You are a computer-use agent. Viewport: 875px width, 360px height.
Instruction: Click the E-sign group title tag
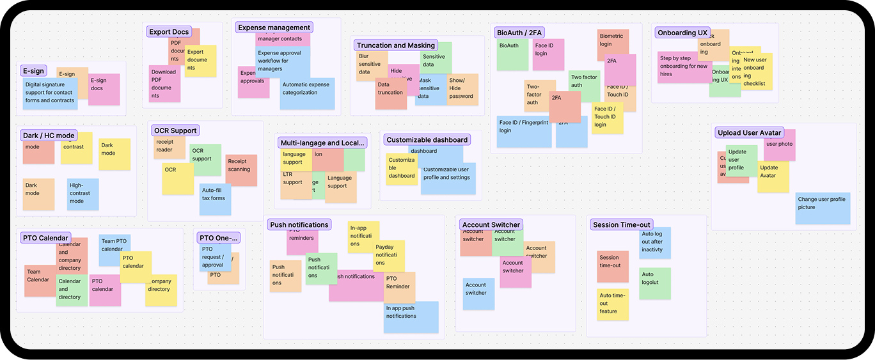pyautogui.click(x=33, y=71)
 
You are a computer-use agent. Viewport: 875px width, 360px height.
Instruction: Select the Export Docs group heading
pyautogui.click(x=169, y=32)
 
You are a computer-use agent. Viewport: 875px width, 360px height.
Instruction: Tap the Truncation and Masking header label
pyautogui.click(x=395, y=45)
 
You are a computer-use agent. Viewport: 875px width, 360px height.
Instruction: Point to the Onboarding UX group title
pyautogui.click(x=682, y=33)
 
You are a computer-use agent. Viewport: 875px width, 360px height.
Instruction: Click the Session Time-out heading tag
pyautogui.click(x=621, y=224)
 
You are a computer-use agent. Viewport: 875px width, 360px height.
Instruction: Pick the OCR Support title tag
pyautogui.click(x=176, y=130)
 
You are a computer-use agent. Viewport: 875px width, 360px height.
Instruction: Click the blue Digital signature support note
pyautogui.click(x=50, y=93)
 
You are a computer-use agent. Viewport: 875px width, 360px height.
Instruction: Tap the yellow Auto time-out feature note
pyautogui.click(x=613, y=305)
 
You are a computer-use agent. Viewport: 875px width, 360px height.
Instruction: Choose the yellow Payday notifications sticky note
pyautogui.click(x=389, y=256)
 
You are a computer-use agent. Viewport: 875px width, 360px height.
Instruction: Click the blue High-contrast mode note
pyautogui.click(x=83, y=194)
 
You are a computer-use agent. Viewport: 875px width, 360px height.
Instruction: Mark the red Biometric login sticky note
pyautogui.click(x=613, y=42)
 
